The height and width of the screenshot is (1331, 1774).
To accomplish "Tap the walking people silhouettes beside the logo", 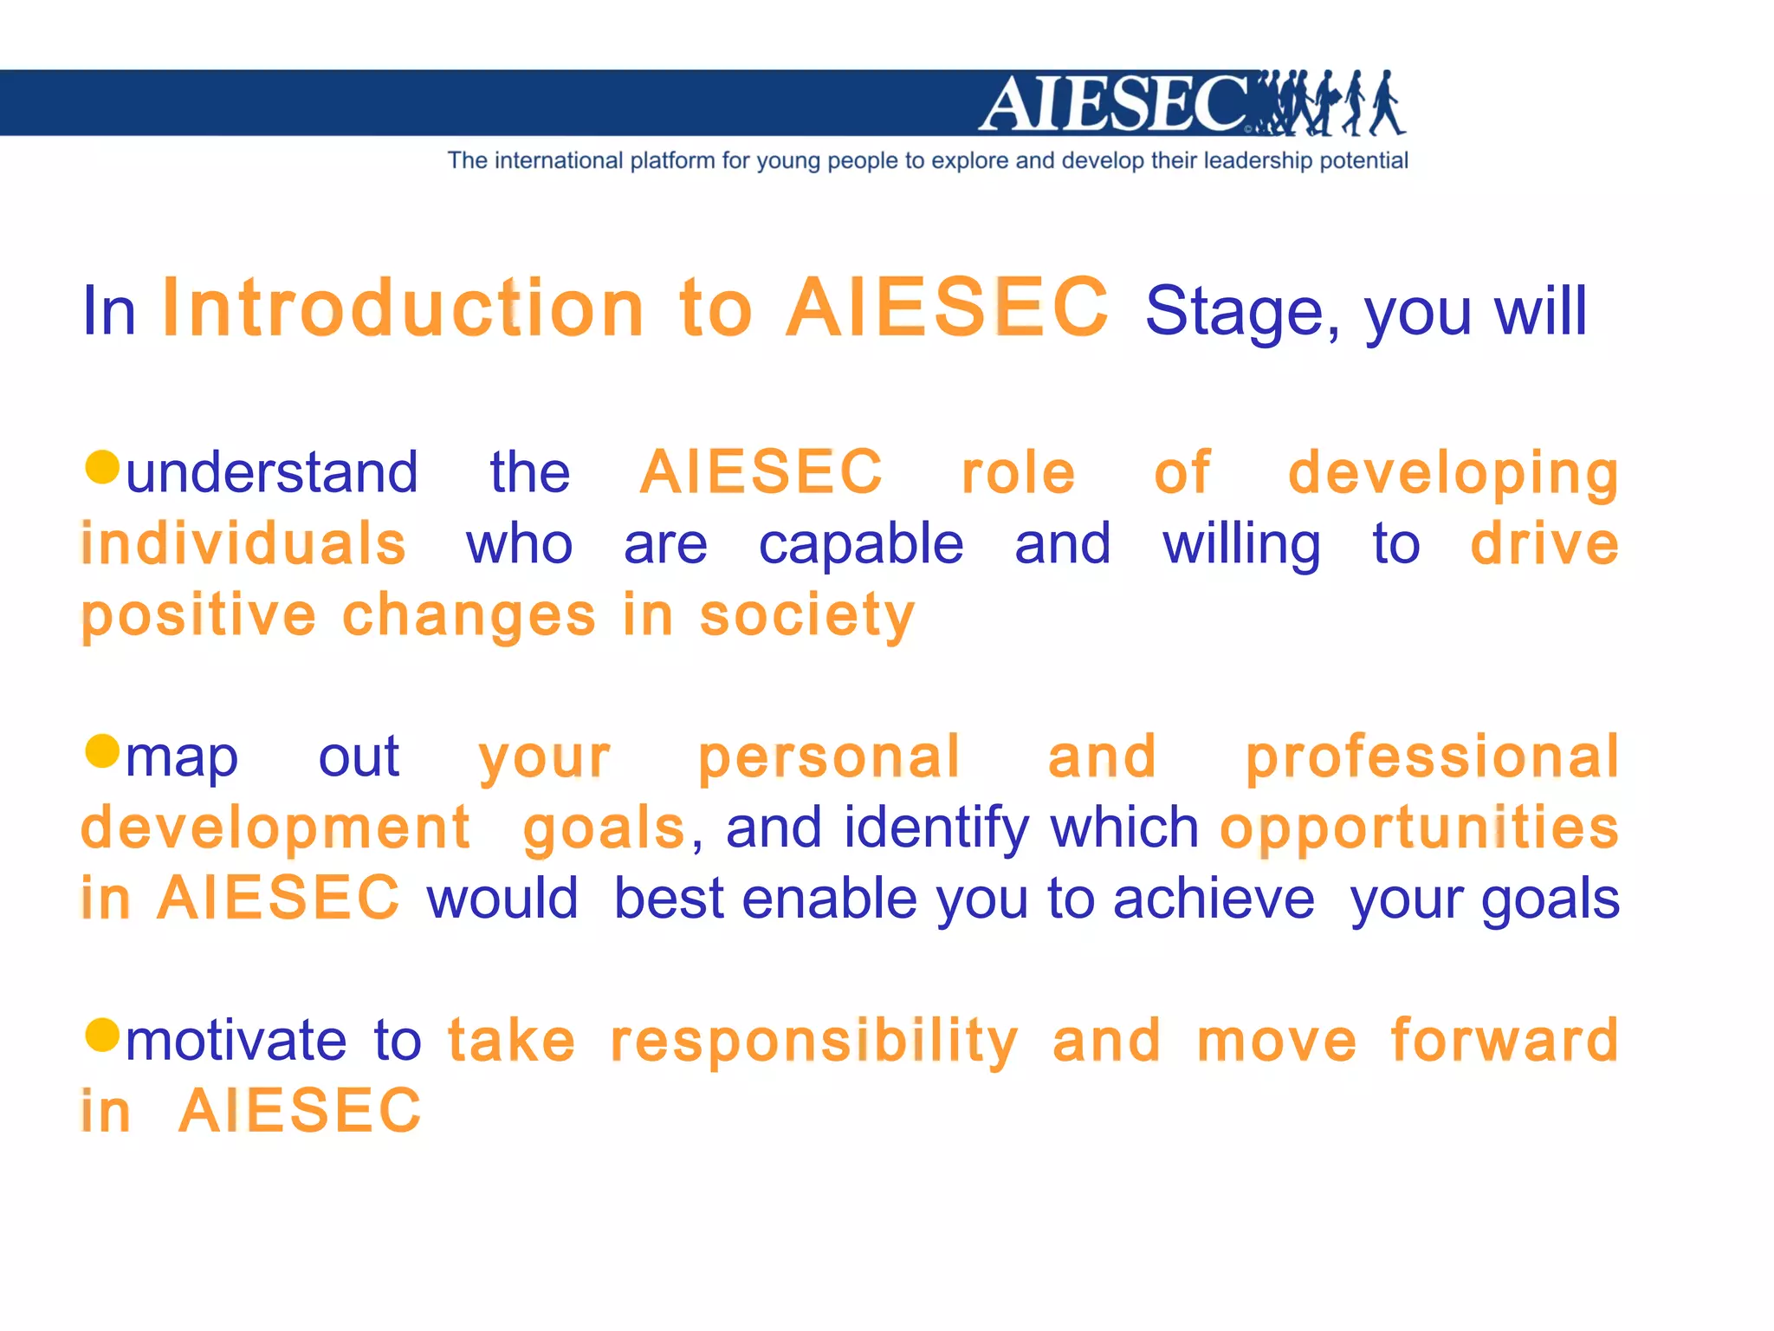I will (1330, 104).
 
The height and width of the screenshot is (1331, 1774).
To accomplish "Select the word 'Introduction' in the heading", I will (404, 308).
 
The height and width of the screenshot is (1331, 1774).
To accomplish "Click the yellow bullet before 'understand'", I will (102, 467).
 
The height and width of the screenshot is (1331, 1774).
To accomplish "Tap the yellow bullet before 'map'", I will (102, 750).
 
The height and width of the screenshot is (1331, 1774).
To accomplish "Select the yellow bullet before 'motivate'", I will (102, 1034).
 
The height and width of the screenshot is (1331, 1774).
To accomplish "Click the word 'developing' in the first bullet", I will (1453, 475).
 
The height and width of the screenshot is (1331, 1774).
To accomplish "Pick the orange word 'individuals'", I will (243, 544).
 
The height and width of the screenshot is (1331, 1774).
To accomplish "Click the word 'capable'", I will (861, 546).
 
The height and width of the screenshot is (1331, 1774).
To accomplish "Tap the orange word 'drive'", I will (1544, 544).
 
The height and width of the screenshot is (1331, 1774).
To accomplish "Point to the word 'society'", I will (807, 617).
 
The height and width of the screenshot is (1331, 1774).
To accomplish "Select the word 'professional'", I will (1432, 757).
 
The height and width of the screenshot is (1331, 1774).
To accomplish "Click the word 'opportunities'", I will (1419, 829).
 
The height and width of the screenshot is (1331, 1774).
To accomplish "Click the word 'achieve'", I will (1214, 899).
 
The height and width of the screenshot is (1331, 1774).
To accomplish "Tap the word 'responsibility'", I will (814, 1042).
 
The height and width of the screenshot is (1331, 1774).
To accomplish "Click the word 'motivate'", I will (236, 1042).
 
